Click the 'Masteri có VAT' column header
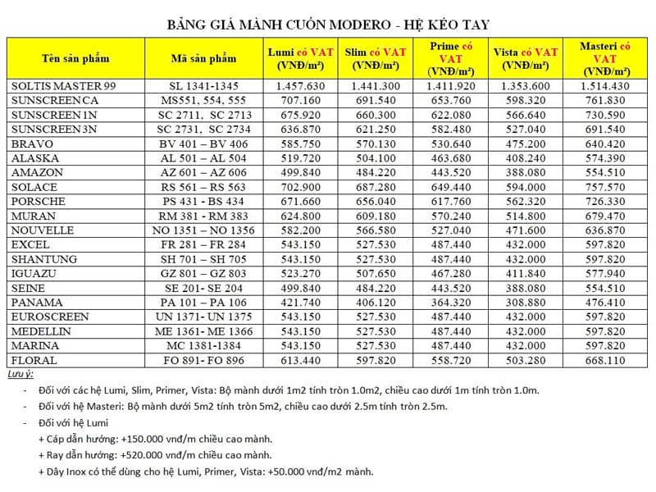(x=604, y=58)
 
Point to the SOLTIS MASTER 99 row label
(x=58, y=86)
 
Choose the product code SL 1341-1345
(x=205, y=86)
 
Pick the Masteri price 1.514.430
(x=604, y=86)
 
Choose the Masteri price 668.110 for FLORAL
(x=604, y=361)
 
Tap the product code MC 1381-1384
(x=205, y=346)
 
